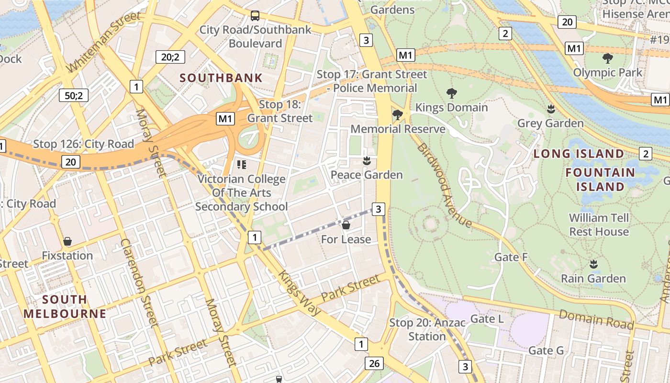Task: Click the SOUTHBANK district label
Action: point(221,78)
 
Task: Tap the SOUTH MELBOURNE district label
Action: point(65,306)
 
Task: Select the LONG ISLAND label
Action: point(579,154)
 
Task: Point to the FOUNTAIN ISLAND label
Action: point(600,179)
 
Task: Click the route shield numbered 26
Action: point(374,363)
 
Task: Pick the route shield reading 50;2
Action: point(74,95)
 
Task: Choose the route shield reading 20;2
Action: point(170,57)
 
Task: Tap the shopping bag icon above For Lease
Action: point(346,225)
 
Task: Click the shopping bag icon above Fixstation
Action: point(67,241)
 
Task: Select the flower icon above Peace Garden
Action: point(367,160)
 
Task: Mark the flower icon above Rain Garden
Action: point(593,264)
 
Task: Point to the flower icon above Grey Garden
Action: point(550,109)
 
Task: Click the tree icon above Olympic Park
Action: point(607,58)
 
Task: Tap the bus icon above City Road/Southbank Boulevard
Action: point(255,16)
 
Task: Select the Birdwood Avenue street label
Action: point(444,185)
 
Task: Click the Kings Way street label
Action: point(300,293)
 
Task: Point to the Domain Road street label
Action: point(596,319)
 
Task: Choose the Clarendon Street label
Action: point(139,282)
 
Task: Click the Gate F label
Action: point(511,257)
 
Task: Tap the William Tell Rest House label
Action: point(599,225)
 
